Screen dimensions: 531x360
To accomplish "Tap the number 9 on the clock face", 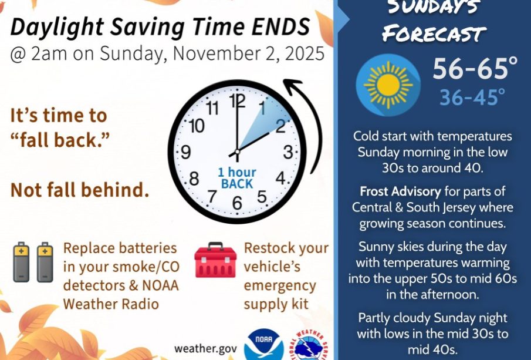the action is (186, 152).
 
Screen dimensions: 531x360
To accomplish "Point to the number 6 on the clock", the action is (237, 203).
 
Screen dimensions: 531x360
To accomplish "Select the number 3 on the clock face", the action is (288, 152).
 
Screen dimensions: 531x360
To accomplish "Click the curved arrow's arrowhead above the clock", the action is (292, 85).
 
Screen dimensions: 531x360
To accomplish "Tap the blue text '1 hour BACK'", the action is (236, 178).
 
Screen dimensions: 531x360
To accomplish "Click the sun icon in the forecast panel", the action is (388, 85).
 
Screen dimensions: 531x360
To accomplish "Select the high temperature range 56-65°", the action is (475, 69).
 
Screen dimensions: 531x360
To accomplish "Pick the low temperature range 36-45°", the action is (472, 97).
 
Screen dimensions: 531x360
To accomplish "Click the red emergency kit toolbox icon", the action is (215, 260).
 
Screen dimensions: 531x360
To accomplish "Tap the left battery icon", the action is (21, 262).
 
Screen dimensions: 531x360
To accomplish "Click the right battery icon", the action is (45, 262).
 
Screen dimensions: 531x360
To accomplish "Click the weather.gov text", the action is (205, 348).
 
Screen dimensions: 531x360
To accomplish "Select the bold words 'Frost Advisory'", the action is (400, 191).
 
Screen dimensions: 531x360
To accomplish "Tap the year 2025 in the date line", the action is (305, 53).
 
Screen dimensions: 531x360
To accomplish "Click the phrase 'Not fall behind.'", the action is (80, 190).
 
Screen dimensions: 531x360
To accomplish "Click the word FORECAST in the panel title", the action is (434, 33).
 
